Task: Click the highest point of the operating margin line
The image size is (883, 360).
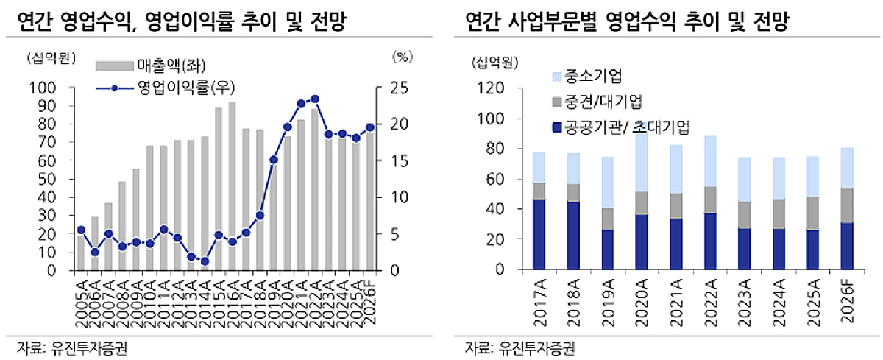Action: pos(315,99)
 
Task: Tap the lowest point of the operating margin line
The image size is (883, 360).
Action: pos(205,261)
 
